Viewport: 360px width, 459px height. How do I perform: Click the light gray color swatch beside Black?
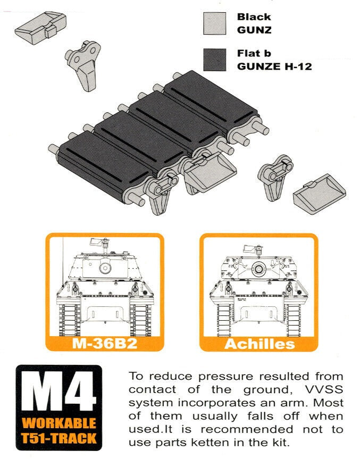(x=216, y=23)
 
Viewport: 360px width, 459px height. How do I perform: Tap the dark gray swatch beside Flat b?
(x=216, y=60)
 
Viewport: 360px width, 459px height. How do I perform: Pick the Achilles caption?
(x=259, y=343)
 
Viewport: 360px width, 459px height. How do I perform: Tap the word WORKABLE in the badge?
(x=59, y=424)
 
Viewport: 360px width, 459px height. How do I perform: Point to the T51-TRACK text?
(x=59, y=439)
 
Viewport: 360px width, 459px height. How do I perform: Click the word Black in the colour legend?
(x=254, y=17)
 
